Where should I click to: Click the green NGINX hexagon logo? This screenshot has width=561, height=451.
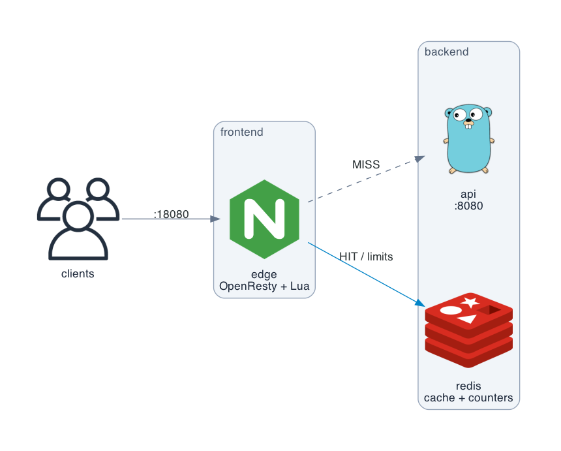264,219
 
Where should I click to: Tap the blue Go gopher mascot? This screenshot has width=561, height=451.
468,139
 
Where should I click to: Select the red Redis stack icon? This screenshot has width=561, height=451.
468,330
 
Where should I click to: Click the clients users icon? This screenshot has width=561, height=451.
78,219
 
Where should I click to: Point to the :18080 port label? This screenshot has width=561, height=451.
171,214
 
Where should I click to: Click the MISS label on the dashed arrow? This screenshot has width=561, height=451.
366,164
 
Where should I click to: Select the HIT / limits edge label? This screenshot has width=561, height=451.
366,257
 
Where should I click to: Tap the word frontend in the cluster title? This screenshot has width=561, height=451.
242,132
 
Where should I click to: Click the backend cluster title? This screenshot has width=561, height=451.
446,52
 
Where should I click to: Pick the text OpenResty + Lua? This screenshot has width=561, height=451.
264,286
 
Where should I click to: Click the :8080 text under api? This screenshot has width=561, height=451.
468,206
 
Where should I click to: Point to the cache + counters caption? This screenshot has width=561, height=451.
468,397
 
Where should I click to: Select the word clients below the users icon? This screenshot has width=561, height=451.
78,274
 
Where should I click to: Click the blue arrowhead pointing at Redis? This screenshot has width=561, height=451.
420,303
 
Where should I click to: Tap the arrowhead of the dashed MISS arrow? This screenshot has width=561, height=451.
420,158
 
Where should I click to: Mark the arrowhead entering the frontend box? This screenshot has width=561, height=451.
215,219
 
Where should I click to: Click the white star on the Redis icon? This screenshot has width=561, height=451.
470,302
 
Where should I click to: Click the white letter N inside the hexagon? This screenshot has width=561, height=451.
264,219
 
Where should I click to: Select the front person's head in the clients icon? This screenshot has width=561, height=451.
78,216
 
